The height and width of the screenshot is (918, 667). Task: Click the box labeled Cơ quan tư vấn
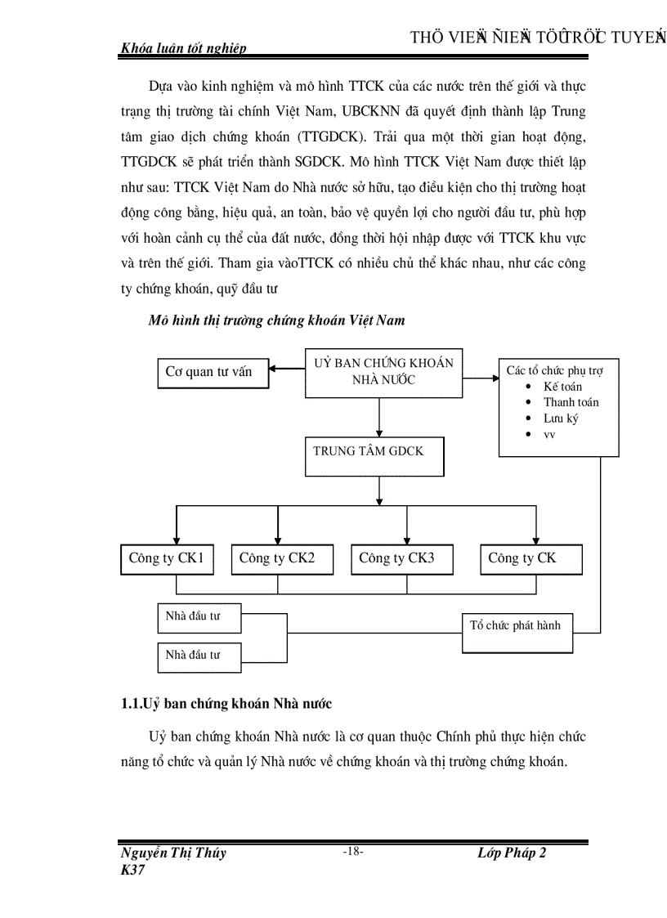pyautogui.click(x=212, y=372)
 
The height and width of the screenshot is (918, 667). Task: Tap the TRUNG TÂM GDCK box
pyautogui.click(x=374, y=456)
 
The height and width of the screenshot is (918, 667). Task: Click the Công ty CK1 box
pyautogui.click(x=166, y=559)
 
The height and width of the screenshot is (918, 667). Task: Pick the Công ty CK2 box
pyautogui.click(x=277, y=559)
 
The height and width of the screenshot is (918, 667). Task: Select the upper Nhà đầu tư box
pyautogui.click(x=199, y=617)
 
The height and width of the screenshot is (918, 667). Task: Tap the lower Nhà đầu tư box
pyautogui.click(x=199, y=656)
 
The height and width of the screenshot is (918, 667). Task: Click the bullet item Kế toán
pyautogui.click(x=562, y=387)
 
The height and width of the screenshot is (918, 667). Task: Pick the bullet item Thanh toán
pyautogui.click(x=571, y=402)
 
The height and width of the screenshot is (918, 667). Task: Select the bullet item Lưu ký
pyautogui.click(x=561, y=419)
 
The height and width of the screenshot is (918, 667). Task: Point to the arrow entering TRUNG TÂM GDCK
pyautogui.click(x=378, y=430)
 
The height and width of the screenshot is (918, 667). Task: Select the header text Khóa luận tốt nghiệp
pyautogui.click(x=183, y=48)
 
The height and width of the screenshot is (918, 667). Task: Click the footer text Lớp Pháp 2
pyautogui.click(x=512, y=853)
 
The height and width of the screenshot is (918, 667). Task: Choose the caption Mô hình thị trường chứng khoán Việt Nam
pyautogui.click(x=276, y=320)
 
